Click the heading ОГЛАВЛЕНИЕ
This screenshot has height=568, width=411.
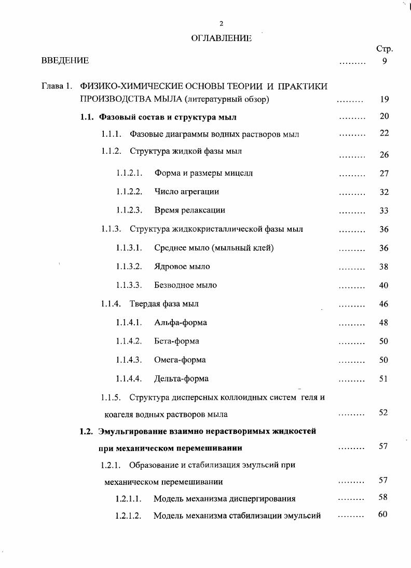(x=222, y=38)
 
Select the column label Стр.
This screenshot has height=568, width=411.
(x=384, y=49)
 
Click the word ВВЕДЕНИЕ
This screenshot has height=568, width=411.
(x=65, y=61)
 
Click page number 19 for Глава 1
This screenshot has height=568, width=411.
(x=384, y=99)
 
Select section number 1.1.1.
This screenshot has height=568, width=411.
(x=111, y=134)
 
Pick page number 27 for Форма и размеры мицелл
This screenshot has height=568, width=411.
(x=384, y=174)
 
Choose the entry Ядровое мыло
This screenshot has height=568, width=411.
(x=182, y=267)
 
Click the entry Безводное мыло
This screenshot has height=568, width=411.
(x=185, y=285)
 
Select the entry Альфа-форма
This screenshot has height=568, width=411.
(x=180, y=323)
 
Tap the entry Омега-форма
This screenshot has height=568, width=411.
(x=180, y=360)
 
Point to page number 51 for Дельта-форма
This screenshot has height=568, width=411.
(x=384, y=379)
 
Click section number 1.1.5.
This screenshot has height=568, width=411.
(x=111, y=398)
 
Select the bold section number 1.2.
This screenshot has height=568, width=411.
(x=86, y=431)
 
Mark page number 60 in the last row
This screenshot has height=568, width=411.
(x=383, y=514)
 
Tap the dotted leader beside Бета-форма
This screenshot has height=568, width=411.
(x=352, y=342)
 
